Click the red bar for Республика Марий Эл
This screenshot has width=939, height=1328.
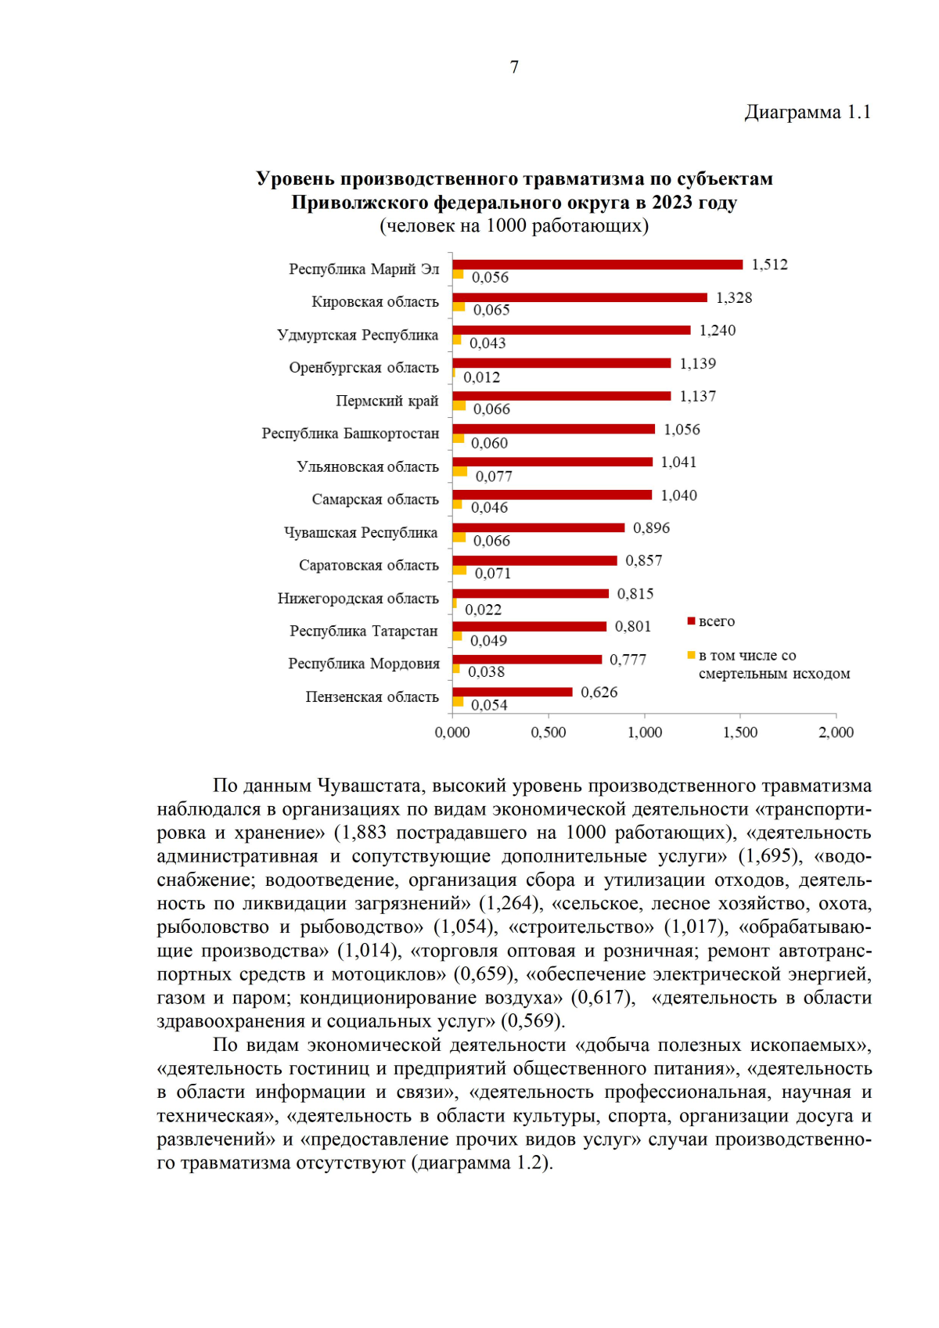coord(597,265)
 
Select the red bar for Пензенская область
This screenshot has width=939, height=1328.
coord(513,692)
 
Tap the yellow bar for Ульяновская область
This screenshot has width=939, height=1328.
coord(460,472)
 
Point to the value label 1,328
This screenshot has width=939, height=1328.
coord(734,298)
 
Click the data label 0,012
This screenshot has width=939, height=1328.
coord(482,377)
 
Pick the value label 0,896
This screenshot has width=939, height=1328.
coord(651,528)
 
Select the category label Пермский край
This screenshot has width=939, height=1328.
coord(387,401)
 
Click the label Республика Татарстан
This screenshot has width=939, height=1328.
coord(364,631)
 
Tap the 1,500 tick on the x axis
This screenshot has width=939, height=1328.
coord(740,732)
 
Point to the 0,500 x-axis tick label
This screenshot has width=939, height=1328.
coord(549,732)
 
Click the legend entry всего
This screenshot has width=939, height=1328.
coord(716,621)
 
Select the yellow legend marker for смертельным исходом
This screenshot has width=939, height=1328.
coord(691,655)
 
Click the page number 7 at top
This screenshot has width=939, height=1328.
coord(514,67)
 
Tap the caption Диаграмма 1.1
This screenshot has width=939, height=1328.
coord(807,113)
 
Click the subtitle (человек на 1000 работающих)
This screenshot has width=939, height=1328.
coord(514,226)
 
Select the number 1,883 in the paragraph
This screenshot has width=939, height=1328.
coord(365,833)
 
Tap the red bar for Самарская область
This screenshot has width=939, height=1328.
coord(552,495)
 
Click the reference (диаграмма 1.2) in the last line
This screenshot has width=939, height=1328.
coord(481,1163)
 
